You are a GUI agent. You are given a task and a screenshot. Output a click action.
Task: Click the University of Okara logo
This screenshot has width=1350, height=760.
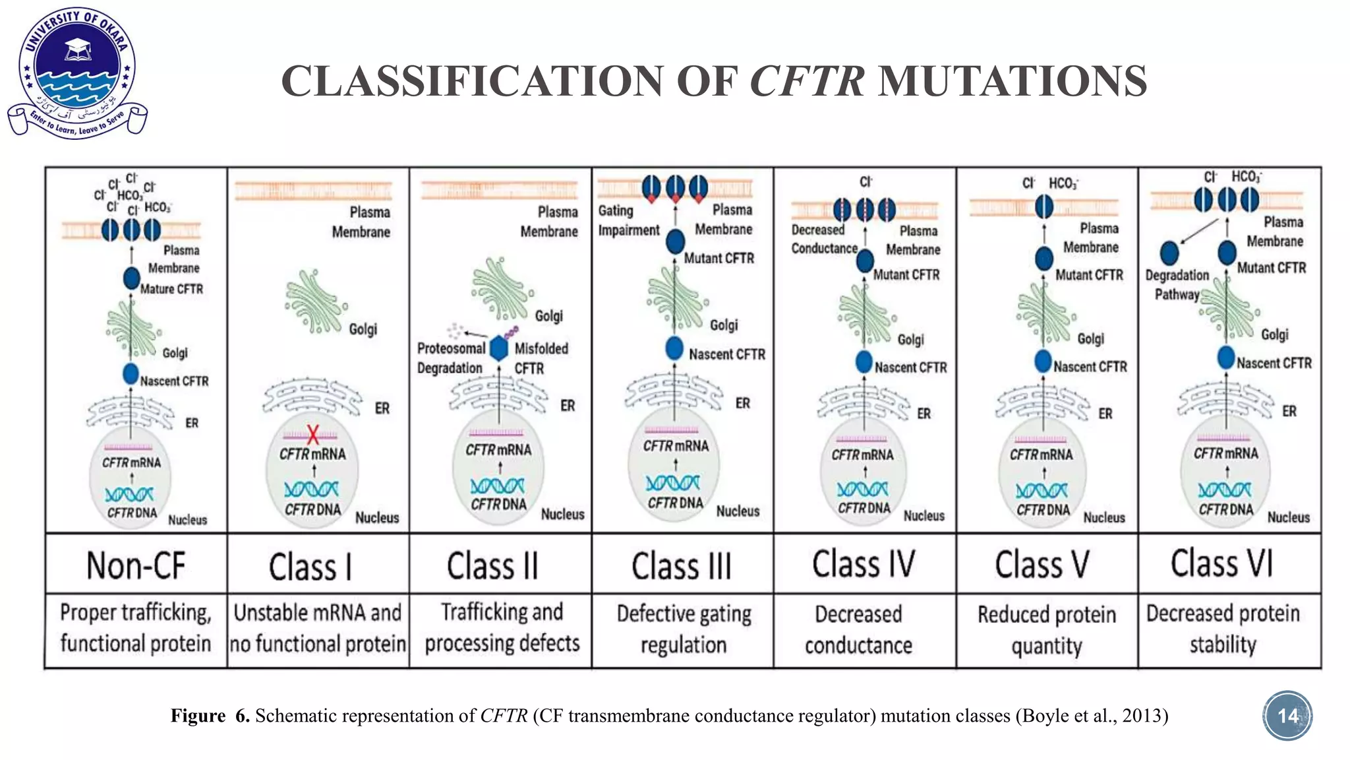click(77, 73)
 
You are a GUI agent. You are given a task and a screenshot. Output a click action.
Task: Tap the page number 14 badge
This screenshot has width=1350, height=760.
click(1287, 716)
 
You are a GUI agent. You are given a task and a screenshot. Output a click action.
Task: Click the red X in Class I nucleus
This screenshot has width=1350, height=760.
click(312, 434)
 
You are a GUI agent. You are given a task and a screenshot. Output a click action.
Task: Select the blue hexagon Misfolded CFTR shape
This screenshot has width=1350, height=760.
click(499, 348)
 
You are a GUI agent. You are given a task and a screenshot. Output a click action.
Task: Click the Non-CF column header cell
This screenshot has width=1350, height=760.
click(136, 565)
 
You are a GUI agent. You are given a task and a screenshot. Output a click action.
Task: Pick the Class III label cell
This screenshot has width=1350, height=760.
click(682, 565)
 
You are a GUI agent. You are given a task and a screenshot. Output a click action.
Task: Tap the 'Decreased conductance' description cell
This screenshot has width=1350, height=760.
click(858, 630)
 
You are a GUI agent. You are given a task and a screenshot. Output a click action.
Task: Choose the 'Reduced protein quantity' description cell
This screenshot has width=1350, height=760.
click(1046, 630)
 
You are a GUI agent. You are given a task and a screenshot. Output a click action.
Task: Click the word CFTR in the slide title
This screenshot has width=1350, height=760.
click(807, 80)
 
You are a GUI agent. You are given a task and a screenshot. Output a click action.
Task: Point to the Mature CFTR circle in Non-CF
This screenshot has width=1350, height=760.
click(132, 278)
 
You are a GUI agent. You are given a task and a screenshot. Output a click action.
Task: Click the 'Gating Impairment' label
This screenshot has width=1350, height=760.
click(628, 220)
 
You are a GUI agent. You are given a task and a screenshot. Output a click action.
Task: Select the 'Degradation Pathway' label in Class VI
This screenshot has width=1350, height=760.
click(1177, 284)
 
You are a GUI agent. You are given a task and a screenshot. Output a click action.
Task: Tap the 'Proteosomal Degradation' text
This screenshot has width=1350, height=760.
click(451, 358)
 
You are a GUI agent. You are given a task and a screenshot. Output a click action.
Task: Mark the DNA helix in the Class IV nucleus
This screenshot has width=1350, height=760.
click(862, 489)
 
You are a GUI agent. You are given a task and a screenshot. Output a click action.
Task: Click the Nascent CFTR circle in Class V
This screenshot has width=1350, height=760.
click(1043, 361)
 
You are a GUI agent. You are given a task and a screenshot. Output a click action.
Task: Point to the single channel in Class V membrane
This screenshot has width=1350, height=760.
click(1043, 206)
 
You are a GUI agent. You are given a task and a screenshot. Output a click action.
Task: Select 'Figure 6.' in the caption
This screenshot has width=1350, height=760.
click(210, 716)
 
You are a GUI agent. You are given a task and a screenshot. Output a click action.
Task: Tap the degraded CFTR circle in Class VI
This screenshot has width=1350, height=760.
click(1169, 253)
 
